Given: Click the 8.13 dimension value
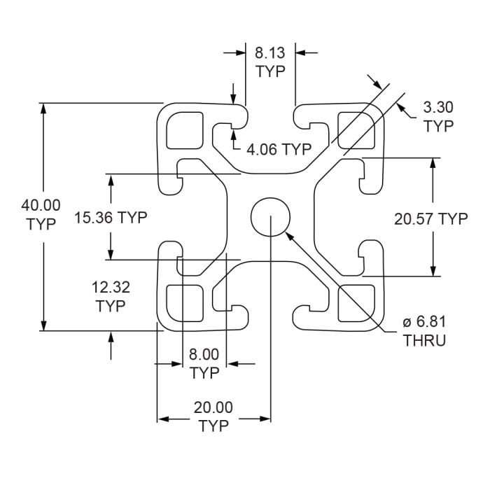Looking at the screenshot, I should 270,52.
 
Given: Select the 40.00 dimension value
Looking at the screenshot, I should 41,206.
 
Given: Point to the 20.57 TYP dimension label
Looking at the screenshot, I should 430,219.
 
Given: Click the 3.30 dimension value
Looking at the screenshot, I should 439,107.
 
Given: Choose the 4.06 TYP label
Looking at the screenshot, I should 279,148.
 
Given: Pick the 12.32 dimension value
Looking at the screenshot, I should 111,287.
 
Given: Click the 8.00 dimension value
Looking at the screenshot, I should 204,354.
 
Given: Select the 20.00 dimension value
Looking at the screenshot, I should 213,407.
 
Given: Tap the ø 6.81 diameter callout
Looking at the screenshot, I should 424,323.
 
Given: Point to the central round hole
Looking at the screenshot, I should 270,215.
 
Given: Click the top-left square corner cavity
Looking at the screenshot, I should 185,128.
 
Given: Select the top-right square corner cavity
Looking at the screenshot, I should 355,128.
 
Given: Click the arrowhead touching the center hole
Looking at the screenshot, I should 289,235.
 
